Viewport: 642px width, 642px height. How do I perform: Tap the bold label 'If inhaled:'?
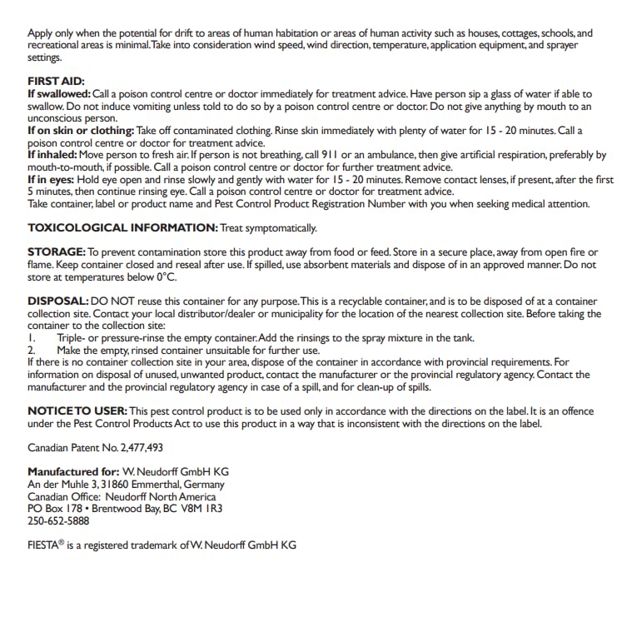pos(54,155)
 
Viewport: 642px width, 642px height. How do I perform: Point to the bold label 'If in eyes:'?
pos(54,179)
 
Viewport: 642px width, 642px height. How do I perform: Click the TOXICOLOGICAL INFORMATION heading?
pos(122,228)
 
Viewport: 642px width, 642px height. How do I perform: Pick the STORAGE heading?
pos(57,252)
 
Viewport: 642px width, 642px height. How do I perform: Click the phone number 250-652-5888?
pos(58,521)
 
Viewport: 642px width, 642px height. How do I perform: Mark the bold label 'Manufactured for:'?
pos(71,471)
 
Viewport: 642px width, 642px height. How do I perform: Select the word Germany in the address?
pos(203,484)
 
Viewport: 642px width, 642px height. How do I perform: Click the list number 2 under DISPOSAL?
pos(31,350)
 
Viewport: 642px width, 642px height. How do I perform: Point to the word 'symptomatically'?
pos(279,228)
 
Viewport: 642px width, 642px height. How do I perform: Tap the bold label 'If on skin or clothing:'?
pos(80,131)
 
